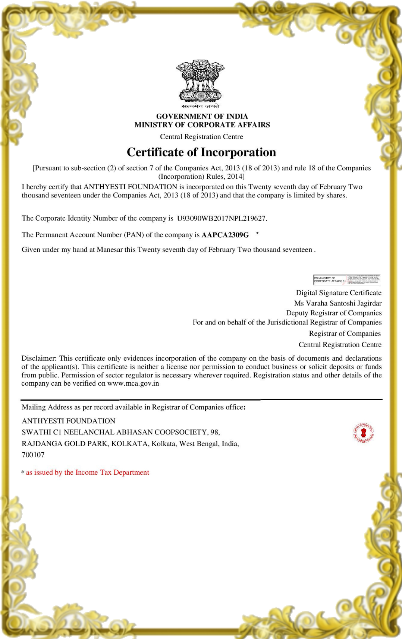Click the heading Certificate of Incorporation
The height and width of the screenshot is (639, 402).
click(201, 152)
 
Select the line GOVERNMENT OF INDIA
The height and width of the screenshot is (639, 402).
click(202, 116)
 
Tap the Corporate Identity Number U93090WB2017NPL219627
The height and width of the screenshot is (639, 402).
click(222, 218)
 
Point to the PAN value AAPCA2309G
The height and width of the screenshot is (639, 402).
click(225, 235)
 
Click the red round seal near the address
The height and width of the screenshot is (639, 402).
click(363, 433)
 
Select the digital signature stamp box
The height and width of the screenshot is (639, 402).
click(347, 279)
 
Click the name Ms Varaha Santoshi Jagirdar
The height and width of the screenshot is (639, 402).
click(337, 303)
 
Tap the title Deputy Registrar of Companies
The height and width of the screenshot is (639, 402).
click(334, 313)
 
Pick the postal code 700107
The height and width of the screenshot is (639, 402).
click(33, 455)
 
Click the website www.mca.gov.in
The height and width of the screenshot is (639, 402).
click(133, 383)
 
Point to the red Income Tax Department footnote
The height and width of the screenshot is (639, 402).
click(87, 472)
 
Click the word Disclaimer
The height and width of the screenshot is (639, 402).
click(39, 358)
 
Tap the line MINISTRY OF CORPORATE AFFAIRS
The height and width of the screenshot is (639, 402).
click(202, 125)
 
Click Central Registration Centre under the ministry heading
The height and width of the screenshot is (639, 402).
click(201, 137)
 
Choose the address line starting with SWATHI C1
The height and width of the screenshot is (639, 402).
click(121, 432)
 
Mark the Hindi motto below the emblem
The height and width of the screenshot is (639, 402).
click(201, 106)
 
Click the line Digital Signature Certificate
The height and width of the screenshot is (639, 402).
click(339, 293)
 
